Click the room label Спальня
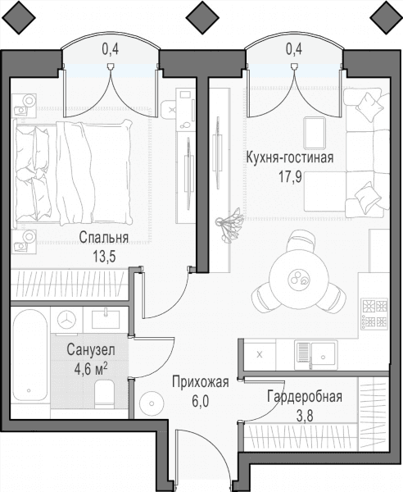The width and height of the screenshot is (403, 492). tap(104, 238)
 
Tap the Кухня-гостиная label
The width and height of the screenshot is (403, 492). tap(290, 157)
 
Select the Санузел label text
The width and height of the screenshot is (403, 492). tap(91, 349)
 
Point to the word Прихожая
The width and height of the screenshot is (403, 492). tap(201, 382)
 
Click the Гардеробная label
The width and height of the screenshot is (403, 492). tap(305, 397)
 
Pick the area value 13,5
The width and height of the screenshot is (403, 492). tap(104, 257)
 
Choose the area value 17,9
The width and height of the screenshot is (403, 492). tap(291, 176)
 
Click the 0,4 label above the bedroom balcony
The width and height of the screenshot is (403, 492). tap(111, 49)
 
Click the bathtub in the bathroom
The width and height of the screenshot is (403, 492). tap(30, 355)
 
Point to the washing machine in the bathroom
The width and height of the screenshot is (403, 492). tap(66, 320)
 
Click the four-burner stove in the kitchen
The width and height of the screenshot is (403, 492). tap(374, 313)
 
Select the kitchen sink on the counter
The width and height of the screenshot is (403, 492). tap(315, 356)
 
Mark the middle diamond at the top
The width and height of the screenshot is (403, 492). tap(203, 17)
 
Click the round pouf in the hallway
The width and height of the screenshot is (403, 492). tap(152, 403)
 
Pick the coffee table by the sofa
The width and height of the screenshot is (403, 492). tap(315, 133)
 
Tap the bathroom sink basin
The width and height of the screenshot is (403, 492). tap(106, 319)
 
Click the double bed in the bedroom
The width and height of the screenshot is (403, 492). tap(73, 173)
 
